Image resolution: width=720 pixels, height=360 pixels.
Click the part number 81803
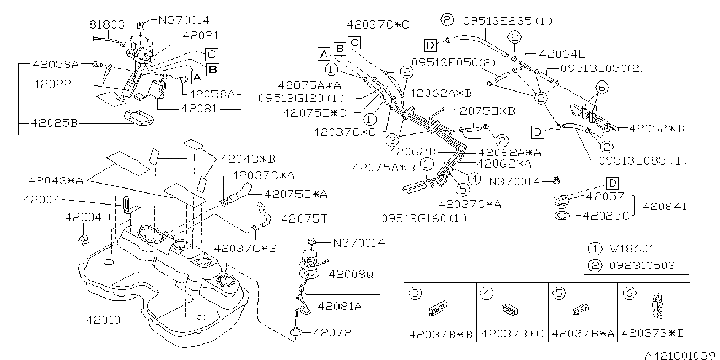click(x=106, y=25)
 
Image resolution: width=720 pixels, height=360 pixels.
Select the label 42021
click(x=202, y=35)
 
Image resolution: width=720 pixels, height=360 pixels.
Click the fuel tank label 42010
click(x=104, y=319)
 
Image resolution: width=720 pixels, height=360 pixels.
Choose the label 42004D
click(x=87, y=217)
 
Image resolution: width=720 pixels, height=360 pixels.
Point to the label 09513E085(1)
click(x=643, y=162)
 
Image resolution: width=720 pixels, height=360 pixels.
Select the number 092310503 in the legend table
click(x=642, y=266)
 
